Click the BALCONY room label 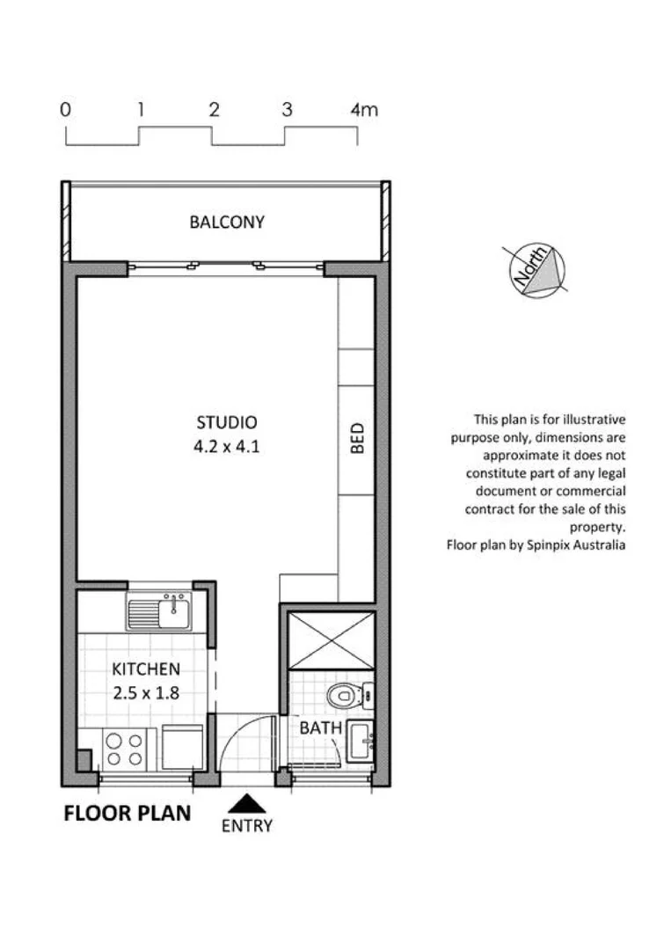tap(227, 223)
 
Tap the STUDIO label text tap(227, 423)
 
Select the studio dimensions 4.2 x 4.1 tap(227, 446)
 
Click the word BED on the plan tap(357, 439)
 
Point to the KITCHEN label tap(146, 669)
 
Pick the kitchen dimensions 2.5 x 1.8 tap(146, 692)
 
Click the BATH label tap(316, 728)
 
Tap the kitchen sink tap(159, 611)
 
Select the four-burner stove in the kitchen tap(124, 749)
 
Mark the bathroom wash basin tap(360, 742)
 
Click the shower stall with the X tap(332, 640)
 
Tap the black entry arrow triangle tap(247, 803)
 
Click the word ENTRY tap(247, 826)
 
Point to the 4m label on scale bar tap(363, 110)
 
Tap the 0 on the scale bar tap(65, 110)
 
